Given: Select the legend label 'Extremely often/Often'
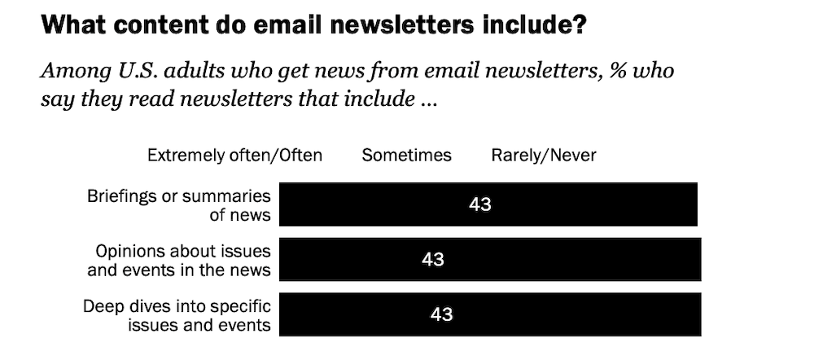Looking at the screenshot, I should [x=234, y=155].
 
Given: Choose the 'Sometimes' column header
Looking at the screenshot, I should [x=406, y=155].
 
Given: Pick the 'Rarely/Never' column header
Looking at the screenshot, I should [x=544, y=155].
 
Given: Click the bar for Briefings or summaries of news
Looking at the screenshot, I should [x=570, y=204].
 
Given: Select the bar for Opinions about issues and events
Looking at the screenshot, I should [x=570, y=259].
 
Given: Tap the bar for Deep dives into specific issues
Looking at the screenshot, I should [x=570, y=314].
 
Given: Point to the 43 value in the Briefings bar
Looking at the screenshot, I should [x=480, y=204].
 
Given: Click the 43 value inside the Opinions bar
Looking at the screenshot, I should [x=433, y=259].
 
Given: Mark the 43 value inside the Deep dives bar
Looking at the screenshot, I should [x=441, y=314].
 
